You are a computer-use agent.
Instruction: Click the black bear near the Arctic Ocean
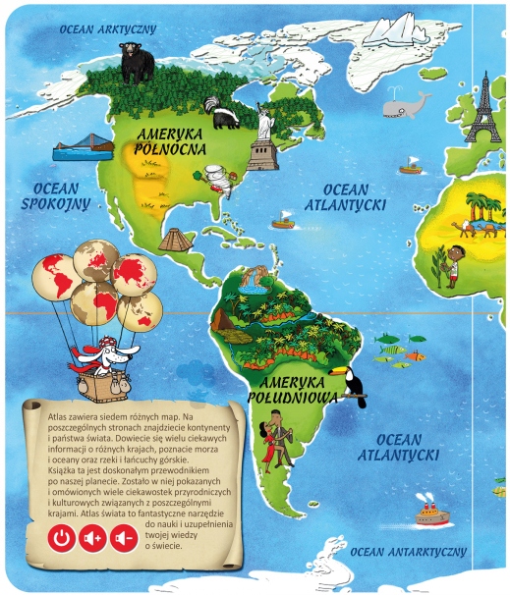pos(136,63)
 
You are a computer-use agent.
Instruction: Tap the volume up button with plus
pos(92,538)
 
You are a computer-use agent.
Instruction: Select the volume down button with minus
pos(123,538)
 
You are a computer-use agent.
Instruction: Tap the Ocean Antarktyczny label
pos(408,552)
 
